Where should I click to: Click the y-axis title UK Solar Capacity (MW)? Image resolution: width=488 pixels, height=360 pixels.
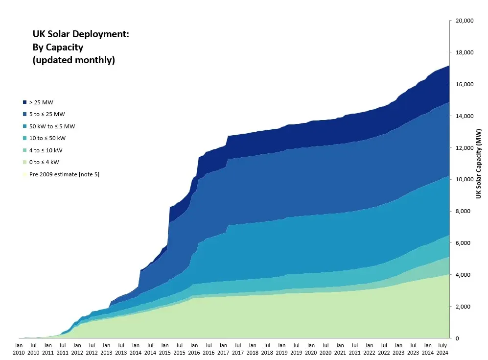[x=480, y=164]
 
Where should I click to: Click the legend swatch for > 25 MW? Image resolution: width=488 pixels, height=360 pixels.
[x=24, y=102]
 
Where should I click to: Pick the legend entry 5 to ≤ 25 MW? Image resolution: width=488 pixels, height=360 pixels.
[x=47, y=114]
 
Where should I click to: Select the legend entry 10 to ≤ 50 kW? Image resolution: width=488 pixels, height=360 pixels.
[x=48, y=138]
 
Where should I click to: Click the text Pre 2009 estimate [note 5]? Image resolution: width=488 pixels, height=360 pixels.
[x=64, y=174]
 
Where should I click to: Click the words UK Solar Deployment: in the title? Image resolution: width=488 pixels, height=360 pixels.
[x=81, y=34]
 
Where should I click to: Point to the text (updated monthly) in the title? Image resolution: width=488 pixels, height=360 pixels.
[x=73, y=60]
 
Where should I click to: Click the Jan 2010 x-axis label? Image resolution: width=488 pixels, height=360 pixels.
[x=18, y=349]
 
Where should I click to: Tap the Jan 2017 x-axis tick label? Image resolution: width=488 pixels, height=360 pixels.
[x=223, y=349]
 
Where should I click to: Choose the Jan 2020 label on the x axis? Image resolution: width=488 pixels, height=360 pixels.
[x=310, y=349]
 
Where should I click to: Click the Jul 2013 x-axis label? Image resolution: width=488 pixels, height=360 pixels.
[x=120, y=349]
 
